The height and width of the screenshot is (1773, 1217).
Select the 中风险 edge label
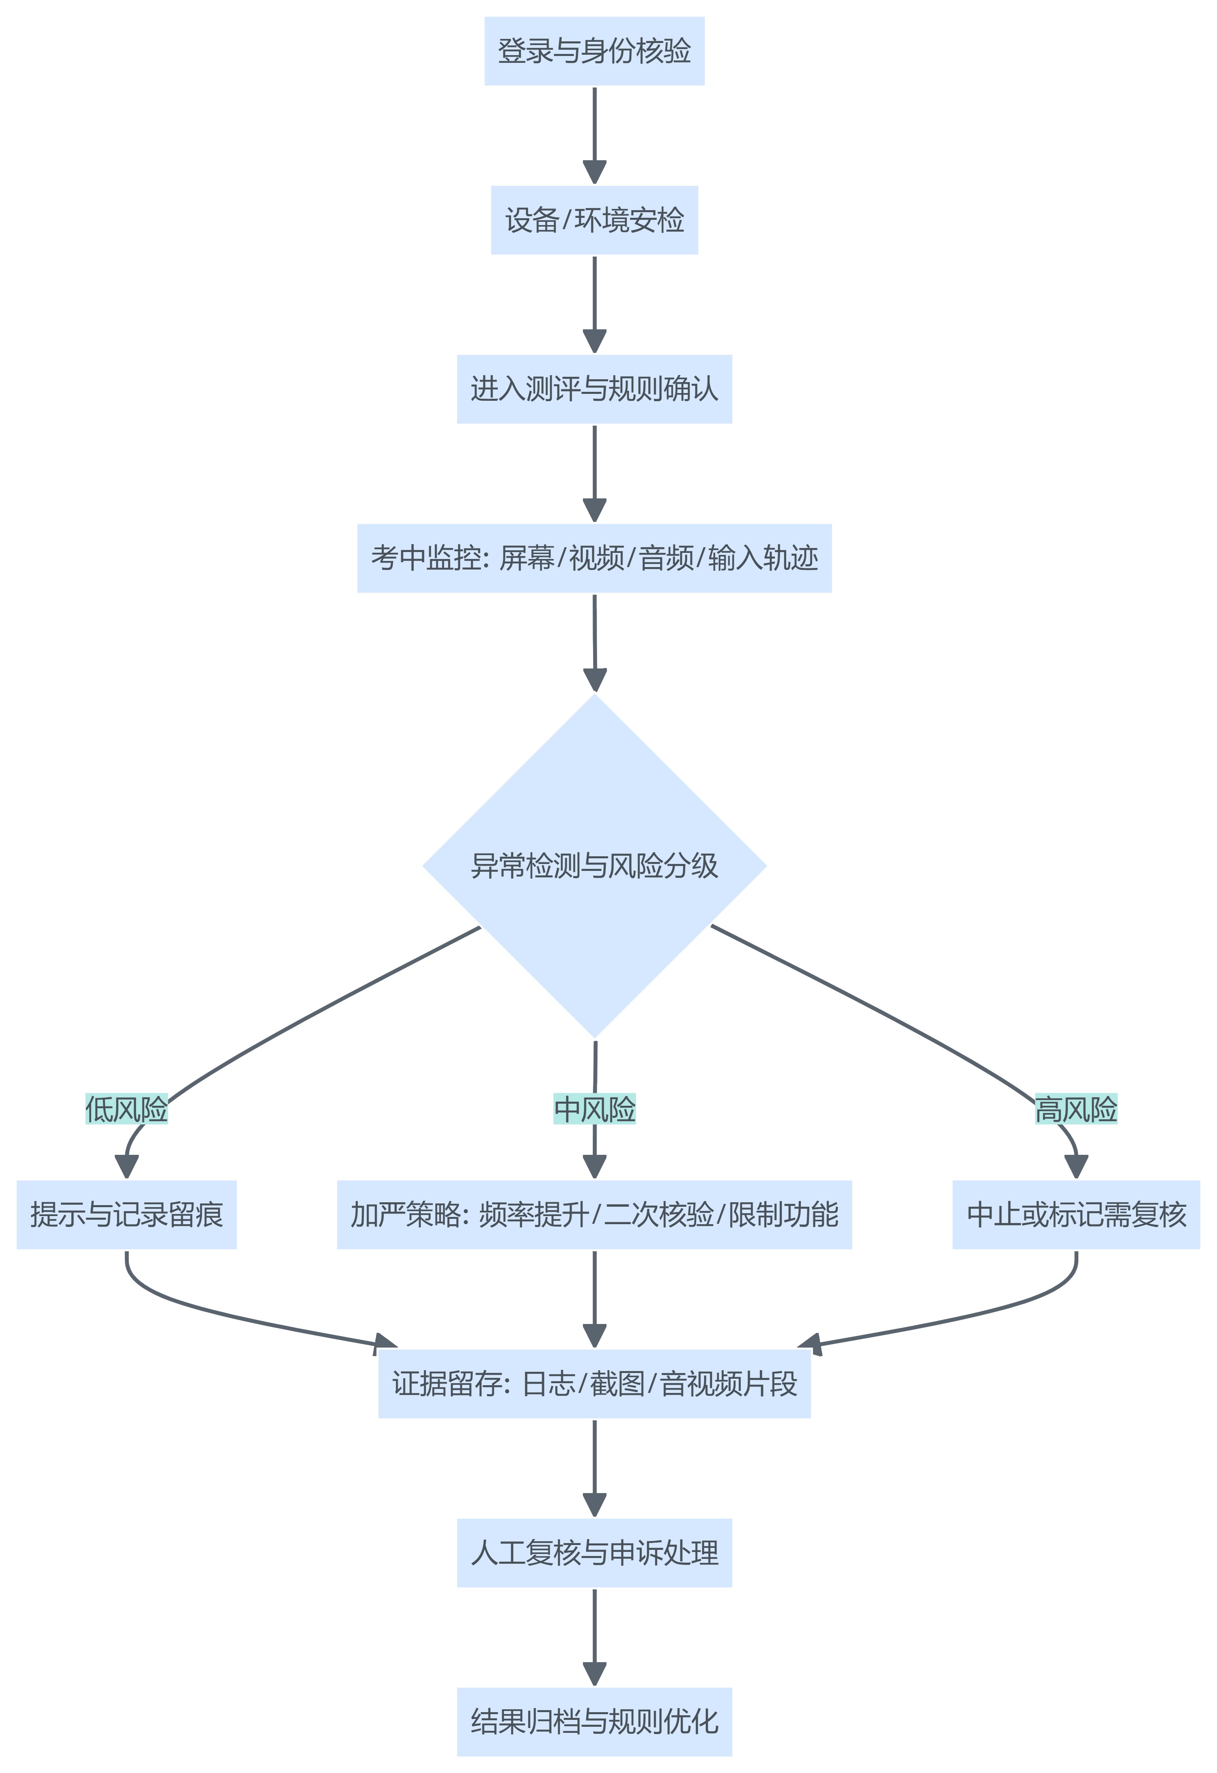pyautogui.click(x=594, y=1109)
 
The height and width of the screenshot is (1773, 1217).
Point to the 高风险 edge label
pyautogui.click(x=1076, y=1109)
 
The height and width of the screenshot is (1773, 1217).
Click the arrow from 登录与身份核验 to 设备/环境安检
pyautogui.click(x=594, y=133)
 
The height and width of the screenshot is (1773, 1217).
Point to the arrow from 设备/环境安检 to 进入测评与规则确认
pyautogui.click(x=594, y=303)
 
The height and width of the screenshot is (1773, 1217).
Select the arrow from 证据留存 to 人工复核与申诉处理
pyautogui.click(x=594, y=1466)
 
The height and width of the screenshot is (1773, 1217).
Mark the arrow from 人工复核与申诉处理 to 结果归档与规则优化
pyautogui.click(x=594, y=1635)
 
